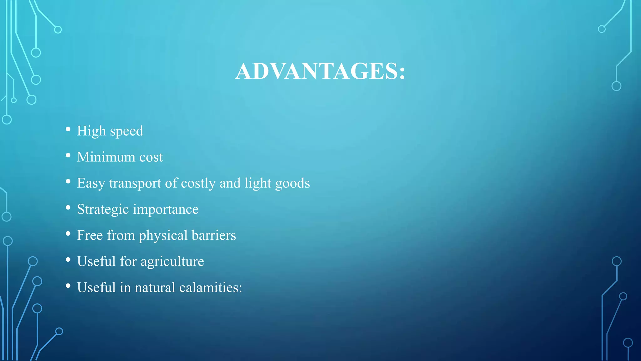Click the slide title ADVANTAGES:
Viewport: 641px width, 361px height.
[x=320, y=71]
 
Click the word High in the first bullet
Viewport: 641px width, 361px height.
[x=91, y=131]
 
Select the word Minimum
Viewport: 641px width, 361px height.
[x=106, y=157]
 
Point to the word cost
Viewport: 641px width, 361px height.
[x=151, y=157]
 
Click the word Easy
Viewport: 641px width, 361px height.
[x=91, y=183]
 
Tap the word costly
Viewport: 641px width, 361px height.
[x=198, y=183]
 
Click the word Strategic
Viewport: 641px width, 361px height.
[x=103, y=209]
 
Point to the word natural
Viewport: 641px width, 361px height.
[x=155, y=287]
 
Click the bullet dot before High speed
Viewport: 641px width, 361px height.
[x=68, y=129]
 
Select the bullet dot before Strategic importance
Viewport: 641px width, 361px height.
[x=68, y=208]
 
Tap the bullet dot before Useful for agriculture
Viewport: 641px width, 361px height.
[x=68, y=260]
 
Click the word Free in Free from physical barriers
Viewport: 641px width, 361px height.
[x=90, y=235]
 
